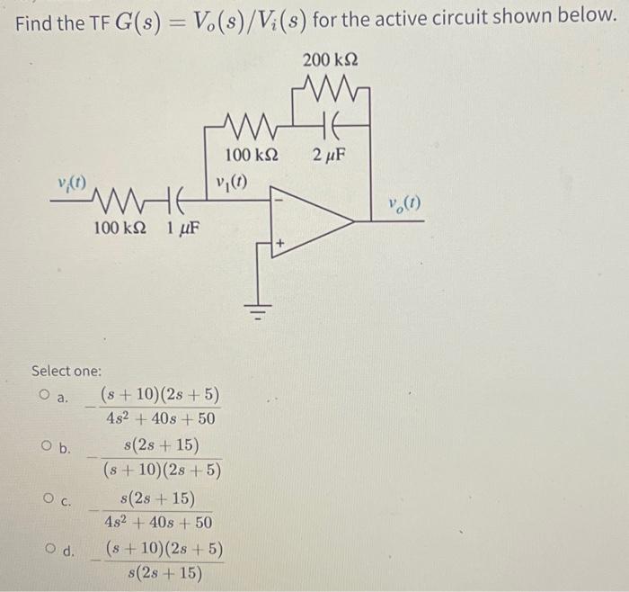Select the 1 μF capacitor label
(x=182, y=229)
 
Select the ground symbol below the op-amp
(x=265, y=314)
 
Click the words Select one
(x=66, y=371)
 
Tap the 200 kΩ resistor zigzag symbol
(x=332, y=88)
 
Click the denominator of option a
(x=157, y=418)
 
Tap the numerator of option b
(x=162, y=445)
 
